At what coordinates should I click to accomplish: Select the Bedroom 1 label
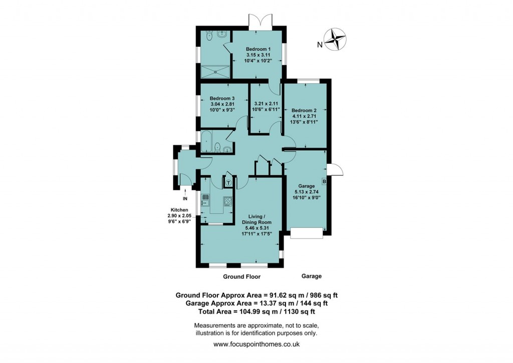point(258,48)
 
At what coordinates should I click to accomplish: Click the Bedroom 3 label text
point(222,98)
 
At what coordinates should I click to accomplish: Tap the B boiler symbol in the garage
point(324,181)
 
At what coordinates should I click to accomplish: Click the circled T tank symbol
point(228,183)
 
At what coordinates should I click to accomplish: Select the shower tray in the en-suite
point(216,71)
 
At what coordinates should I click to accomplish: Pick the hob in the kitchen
point(228,202)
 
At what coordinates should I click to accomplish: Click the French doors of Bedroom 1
point(260,23)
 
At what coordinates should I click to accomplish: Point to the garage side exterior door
point(335,169)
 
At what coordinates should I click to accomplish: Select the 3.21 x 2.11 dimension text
point(266,104)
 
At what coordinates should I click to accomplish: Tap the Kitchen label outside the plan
point(179,210)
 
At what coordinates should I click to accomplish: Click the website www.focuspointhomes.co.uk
point(256,344)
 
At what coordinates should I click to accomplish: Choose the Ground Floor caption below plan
point(242,277)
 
